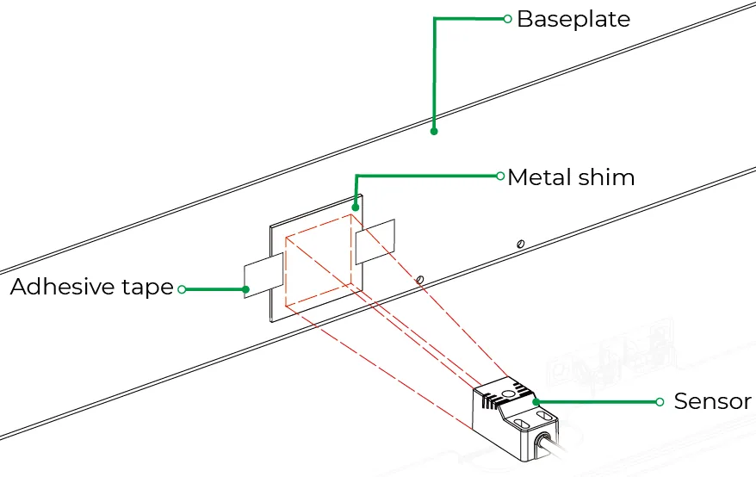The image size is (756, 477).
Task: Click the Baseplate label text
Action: pos(573,19)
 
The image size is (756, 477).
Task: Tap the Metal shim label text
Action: pos(571,177)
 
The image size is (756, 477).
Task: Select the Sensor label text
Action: pos(713,400)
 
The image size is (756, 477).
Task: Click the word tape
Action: pos(147,287)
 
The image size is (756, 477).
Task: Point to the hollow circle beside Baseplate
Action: pos(507,19)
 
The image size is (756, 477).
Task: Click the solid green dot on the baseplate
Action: pos(434,131)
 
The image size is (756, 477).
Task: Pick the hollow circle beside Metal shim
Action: pos(500,176)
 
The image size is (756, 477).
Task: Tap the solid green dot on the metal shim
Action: pos(356,208)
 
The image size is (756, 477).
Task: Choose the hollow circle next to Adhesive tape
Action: pos(182,289)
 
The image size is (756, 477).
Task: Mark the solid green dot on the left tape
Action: pos(246,289)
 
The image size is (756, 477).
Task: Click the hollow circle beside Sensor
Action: pos(660,402)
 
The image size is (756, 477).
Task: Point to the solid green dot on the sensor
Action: pos(536,402)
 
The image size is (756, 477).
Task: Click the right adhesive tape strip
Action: pos(375,242)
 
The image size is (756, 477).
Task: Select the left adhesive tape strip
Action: pos(263,276)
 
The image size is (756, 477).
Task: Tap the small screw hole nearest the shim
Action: pos(420,279)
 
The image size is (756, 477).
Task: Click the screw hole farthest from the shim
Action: pos(521,244)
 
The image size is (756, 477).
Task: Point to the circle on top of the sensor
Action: pos(508,394)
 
